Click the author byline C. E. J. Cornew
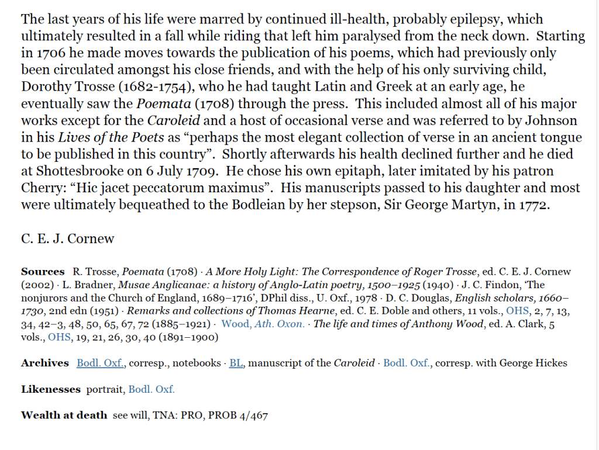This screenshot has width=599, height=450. click(x=68, y=238)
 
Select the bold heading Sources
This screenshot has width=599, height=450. click(x=43, y=272)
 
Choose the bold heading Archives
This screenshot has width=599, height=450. click(x=45, y=363)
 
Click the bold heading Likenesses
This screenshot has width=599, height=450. click(x=50, y=389)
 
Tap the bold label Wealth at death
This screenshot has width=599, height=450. click(x=64, y=416)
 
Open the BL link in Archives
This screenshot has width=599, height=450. click(x=236, y=363)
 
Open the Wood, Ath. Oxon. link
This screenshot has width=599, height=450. click(x=263, y=324)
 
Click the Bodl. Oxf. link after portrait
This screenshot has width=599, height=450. click(x=152, y=389)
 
